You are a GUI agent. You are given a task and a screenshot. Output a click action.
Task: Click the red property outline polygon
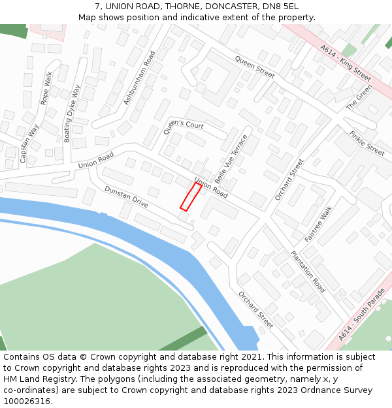[191, 196]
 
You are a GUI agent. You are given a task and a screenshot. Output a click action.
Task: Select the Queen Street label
[255, 67]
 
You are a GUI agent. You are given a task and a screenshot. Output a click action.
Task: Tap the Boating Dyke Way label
[72, 113]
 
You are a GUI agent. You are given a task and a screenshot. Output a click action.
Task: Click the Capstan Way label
[29, 143]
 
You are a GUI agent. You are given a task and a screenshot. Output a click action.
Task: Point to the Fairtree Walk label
[318, 224]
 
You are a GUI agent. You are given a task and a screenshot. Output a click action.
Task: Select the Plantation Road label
[308, 271]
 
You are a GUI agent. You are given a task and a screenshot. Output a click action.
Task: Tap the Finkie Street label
[367, 143]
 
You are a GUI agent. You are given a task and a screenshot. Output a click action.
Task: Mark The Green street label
[359, 96]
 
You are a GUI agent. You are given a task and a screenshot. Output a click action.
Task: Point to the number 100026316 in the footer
[26, 401]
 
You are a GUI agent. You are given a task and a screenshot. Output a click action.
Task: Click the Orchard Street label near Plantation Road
[255, 309]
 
